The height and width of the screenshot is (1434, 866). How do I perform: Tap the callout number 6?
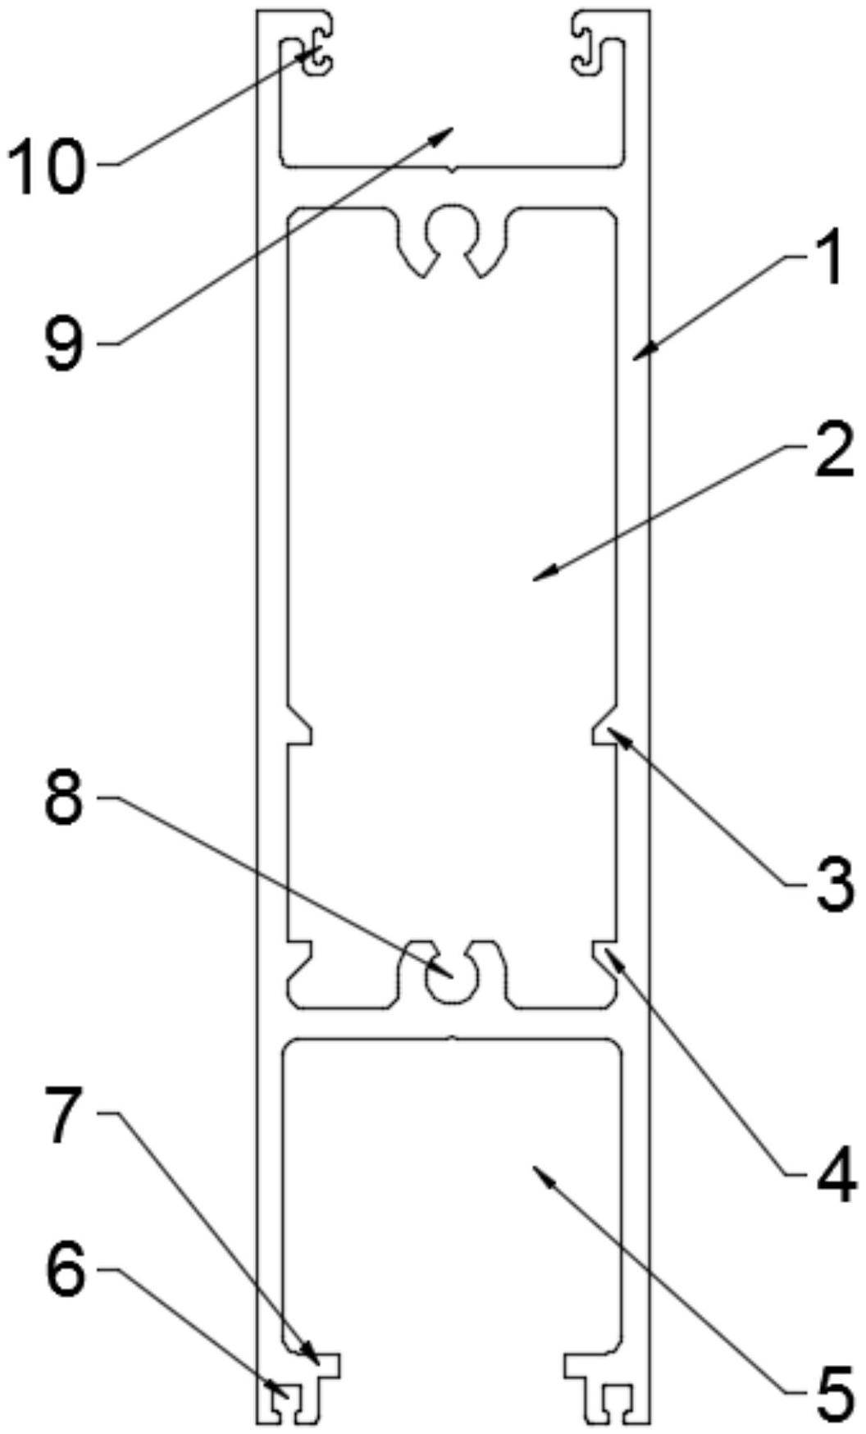[66, 1272]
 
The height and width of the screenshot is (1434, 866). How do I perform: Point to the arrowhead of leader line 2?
[536, 579]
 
